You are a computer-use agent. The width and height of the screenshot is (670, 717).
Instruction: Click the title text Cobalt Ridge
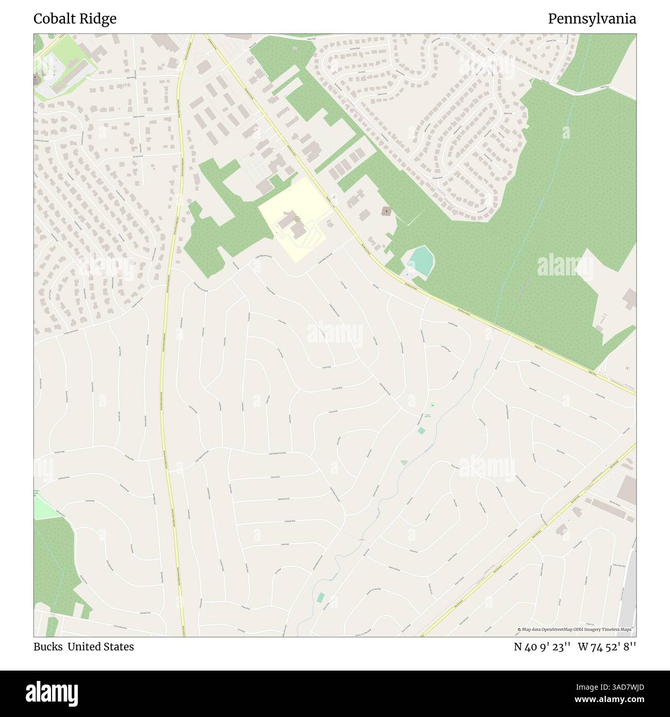pos(75,19)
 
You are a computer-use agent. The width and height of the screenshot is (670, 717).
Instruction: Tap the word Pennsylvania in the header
pos(592,19)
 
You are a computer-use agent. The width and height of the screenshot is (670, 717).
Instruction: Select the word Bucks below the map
pos(47,647)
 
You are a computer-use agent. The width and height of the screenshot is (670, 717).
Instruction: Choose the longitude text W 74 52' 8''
pos(607,647)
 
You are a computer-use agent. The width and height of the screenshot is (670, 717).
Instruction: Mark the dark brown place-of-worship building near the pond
pos(386,211)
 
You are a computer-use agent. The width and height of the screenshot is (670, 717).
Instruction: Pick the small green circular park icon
pos(432,405)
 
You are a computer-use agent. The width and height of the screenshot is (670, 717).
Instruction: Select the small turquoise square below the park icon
pos(422,430)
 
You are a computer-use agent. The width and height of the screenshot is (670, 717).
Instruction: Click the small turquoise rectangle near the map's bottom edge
pos(321,597)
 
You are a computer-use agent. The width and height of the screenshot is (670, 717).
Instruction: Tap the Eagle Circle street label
pos(508,113)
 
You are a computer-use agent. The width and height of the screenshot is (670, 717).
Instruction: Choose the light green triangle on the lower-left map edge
pos(43,507)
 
